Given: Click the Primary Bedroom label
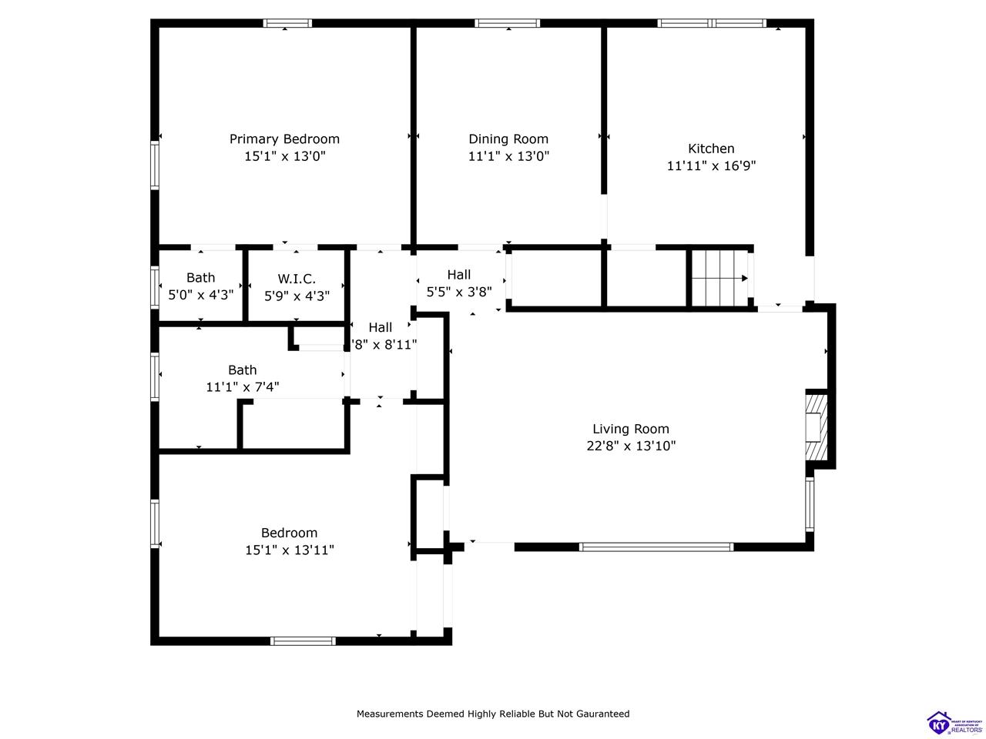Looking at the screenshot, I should point(284,139).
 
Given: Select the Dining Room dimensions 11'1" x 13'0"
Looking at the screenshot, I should point(508,156).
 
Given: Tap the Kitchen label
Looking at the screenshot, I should point(711,149).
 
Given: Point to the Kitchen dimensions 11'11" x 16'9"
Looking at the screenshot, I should point(711,166).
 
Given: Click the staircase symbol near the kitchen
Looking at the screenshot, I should point(720,277).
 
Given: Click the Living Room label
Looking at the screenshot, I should point(630,429).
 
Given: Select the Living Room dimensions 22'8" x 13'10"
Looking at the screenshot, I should point(630,446).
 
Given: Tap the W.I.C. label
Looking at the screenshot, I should point(297,278).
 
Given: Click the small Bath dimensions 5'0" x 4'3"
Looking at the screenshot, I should point(200,295).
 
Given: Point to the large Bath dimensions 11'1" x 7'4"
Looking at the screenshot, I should point(242,387).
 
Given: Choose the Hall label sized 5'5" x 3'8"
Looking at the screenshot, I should point(458,275).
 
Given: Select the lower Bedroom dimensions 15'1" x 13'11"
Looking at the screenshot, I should point(289,550).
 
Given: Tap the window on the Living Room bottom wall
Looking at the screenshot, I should point(656,547).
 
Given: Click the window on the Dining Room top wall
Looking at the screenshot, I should point(508,23).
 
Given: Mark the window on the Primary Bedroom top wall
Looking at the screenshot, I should point(287,23).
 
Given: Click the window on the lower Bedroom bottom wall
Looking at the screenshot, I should point(303,640).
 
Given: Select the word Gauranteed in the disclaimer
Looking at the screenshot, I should point(599,714).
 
